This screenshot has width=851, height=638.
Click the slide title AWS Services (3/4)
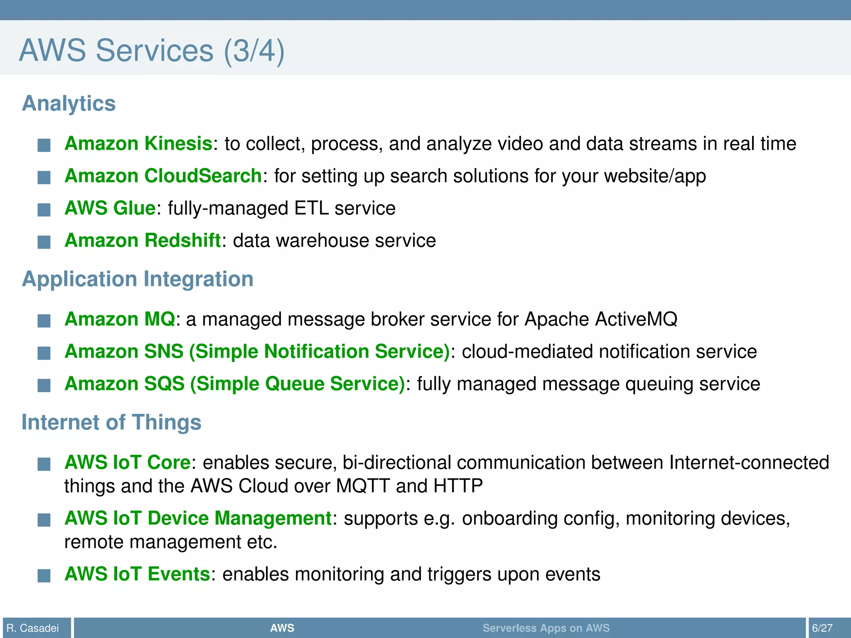click(152, 51)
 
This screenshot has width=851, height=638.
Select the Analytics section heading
click(69, 103)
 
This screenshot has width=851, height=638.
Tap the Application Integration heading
click(138, 279)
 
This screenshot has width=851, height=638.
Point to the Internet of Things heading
click(111, 422)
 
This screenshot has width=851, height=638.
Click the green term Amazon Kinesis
click(138, 144)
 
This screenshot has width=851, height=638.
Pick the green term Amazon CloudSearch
click(163, 176)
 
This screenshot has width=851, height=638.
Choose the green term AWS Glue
click(110, 208)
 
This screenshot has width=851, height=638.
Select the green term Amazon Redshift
click(143, 240)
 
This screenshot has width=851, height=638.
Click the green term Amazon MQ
click(120, 319)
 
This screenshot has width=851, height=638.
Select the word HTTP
click(458, 486)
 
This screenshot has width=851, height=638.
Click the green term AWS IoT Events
click(137, 574)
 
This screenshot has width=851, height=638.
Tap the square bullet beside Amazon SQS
click(44, 385)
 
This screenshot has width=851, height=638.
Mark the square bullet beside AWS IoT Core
click(44, 464)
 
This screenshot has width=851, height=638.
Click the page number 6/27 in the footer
click(822, 628)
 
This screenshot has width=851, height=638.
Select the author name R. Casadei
click(33, 628)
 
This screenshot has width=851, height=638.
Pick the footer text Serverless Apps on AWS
click(546, 628)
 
